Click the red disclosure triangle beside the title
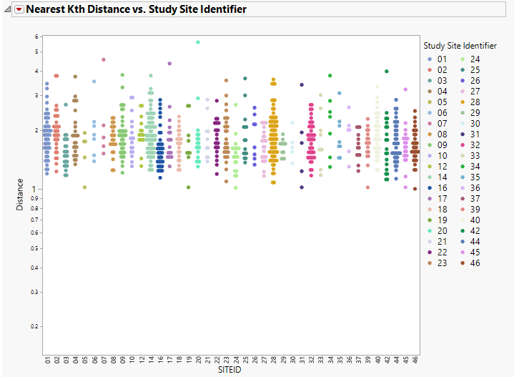click(x=19, y=9)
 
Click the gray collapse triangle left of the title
click(x=8, y=9)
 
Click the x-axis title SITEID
click(x=229, y=371)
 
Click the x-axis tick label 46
click(x=415, y=359)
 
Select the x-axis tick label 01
click(x=47, y=359)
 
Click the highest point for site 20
click(x=198, y=42)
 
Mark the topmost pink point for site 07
click(x=104, y=59)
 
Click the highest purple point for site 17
click(x=169, y=64)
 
